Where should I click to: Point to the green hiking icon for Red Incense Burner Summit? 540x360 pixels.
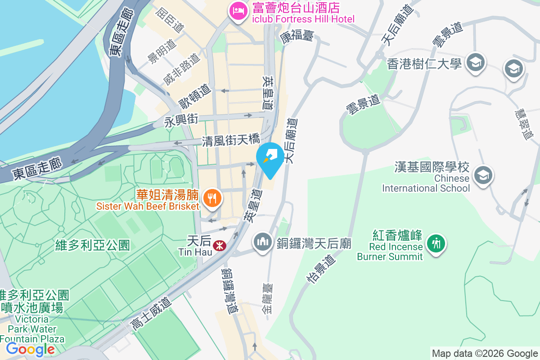435,244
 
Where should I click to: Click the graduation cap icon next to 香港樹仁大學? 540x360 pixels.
475,62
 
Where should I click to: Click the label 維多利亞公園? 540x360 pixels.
93,245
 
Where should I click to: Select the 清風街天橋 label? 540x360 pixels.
231,141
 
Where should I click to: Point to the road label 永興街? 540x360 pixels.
181,121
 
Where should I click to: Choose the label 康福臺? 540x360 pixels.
297,36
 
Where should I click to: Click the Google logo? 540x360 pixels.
31,349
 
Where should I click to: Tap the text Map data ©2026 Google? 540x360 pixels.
485,353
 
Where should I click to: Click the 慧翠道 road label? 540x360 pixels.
525,125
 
